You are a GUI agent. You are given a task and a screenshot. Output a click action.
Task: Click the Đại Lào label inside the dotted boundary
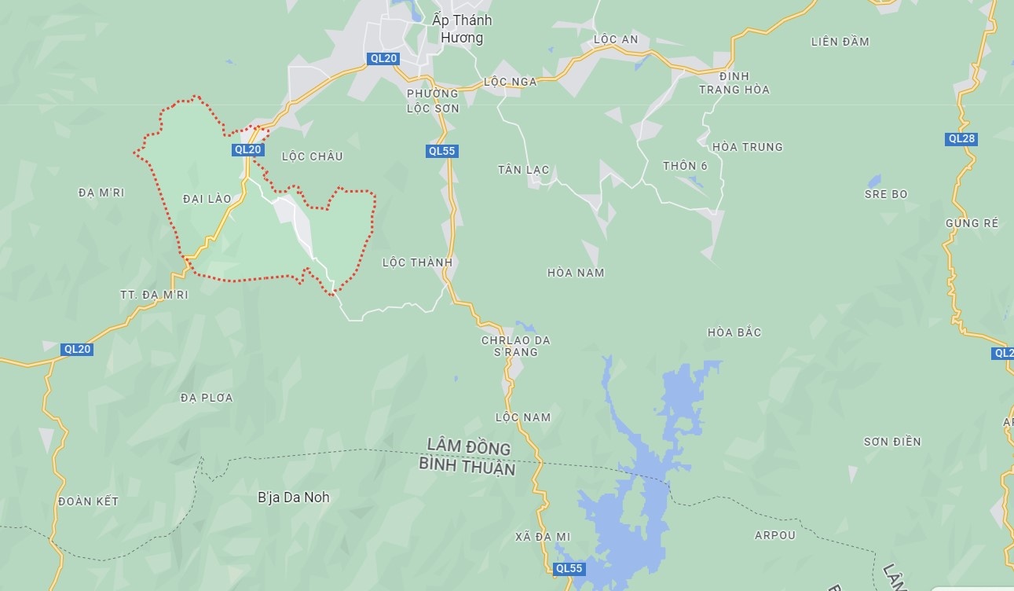tap(207, 199)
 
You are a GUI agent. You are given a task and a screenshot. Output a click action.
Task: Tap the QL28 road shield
tap(961, 139)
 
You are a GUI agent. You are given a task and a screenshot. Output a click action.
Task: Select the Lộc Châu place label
tap(312, 156)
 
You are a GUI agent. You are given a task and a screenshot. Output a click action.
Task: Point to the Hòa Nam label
tap(576, 273)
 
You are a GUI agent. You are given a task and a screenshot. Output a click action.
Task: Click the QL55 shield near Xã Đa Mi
tap(569, 568)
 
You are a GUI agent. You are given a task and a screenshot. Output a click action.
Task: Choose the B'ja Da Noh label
tap(294, 497)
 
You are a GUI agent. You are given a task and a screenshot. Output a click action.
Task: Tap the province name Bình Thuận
tap(467, 468)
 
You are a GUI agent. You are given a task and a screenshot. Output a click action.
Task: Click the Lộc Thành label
tap(417, 262)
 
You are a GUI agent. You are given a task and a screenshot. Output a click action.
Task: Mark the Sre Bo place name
tap(885, 194)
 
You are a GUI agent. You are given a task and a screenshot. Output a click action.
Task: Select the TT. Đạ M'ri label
tap(154, 295)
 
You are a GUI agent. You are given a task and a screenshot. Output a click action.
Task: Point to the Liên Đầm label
tap(840, 42)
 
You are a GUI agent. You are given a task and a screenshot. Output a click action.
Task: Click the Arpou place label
tap(774, 535)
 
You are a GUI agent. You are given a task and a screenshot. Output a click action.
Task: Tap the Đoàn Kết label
tap(88, 501)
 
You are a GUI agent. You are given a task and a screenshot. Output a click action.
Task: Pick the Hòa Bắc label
tap(734, 332)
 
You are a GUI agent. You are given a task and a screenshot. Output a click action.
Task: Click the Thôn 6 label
tap(685, 166)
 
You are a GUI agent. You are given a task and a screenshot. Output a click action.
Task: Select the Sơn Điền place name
tap(892, 442)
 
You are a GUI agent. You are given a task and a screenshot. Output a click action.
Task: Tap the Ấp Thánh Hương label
tap(457, 29)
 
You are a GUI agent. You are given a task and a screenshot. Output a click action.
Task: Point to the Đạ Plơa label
tap(207, 398)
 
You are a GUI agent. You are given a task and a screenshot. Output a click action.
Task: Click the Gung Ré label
tap(972, 223)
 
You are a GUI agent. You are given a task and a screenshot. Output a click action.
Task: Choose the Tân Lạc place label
tap(523, 170)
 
